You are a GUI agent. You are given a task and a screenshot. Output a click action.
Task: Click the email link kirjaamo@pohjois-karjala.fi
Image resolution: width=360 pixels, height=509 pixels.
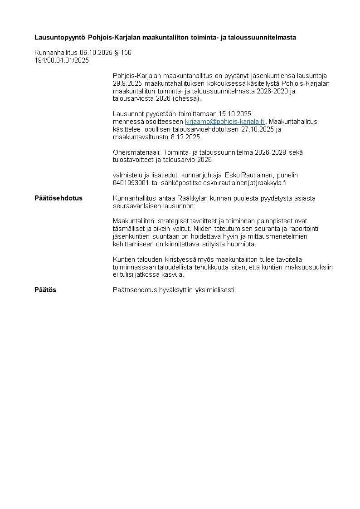(224, 122)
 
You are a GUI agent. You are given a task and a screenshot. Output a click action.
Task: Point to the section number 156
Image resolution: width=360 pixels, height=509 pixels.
(126, 53)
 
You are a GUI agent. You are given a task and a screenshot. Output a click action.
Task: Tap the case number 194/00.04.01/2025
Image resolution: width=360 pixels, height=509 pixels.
(62, 60)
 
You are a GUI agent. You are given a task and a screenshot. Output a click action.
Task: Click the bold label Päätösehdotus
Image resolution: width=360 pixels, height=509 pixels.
(58, 198)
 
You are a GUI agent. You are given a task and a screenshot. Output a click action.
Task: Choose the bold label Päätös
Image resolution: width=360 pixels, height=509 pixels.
(45, 290)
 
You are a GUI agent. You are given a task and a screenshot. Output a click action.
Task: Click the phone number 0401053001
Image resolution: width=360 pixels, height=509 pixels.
(131, 183)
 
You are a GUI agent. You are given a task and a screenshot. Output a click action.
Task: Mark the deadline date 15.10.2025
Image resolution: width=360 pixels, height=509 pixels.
(235, 114)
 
